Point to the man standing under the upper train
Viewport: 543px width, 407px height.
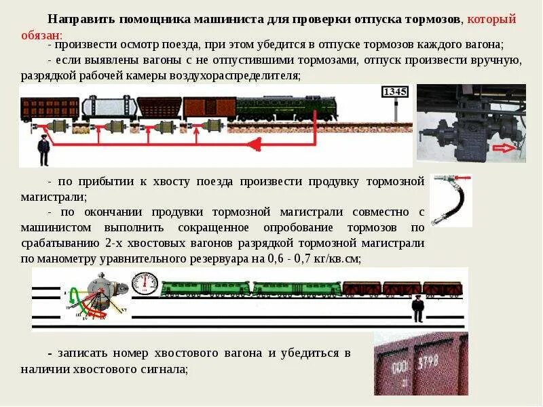point(44,150)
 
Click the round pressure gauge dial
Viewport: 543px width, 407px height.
point(145,284)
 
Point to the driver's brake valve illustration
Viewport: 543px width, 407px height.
point(98,297)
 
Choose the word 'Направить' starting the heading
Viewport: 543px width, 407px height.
point(81,20)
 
